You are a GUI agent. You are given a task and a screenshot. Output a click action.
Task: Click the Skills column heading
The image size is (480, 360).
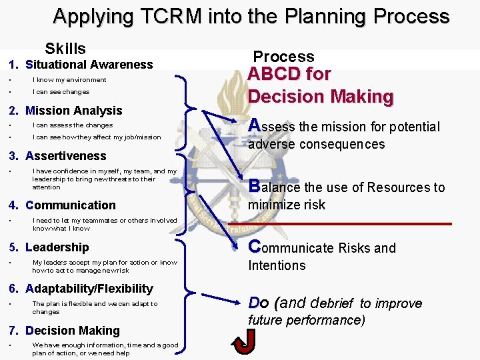pyautogui.click(x=65, y=49)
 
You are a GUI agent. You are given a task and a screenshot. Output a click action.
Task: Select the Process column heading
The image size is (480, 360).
pyautogui.click(x=283, y=57)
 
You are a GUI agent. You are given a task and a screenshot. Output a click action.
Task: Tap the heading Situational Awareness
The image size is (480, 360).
pyautogui.click(x=89, y=65)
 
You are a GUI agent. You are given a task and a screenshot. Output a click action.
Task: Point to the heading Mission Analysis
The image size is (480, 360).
pyautogui.click(x=73, y=111)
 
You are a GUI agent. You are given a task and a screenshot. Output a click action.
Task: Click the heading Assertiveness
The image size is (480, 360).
pyautogui.click(x=65, y=156)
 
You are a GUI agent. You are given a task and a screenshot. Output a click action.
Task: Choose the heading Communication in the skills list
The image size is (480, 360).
pyautogui.click(x=70, y=205)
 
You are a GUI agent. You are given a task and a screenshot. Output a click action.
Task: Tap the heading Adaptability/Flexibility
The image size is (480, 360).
pyautogui.click(x=89, y=289)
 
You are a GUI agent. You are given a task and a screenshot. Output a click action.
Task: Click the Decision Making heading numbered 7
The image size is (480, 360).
pyautogui.click(x=72, y=331)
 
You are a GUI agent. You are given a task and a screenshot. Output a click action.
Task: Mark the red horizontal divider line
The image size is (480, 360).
pyautogui.click(x=340, y=223)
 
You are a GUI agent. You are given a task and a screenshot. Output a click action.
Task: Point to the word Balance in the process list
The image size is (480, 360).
pyautogui.click(x=273, y=187)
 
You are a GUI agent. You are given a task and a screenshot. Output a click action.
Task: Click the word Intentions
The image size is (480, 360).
pyautogui.click(x=277, y=265)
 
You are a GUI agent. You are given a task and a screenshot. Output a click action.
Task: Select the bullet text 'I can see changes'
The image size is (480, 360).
pyautogui.click(x=61, y=92)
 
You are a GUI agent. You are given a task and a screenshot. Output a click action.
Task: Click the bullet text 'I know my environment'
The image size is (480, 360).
pyautogui.click(x=69, y=80)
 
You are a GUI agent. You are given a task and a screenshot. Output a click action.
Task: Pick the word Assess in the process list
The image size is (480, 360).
pyautogui.click(x=271, y=126)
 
